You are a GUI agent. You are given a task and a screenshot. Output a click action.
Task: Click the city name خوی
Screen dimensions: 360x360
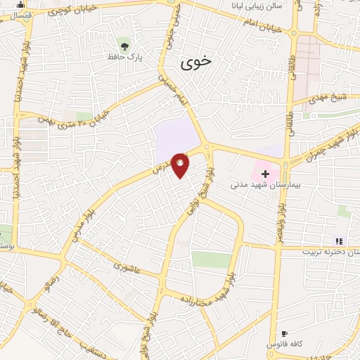pos(195,63)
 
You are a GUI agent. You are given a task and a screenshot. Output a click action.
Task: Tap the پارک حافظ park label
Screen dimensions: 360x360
pos(124,57)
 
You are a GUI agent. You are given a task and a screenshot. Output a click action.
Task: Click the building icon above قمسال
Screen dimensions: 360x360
pos(20,4)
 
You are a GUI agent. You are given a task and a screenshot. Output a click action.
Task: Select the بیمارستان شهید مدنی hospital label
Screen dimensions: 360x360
pos(255,186)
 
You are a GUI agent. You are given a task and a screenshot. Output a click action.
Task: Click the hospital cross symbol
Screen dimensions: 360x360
pos(265,173)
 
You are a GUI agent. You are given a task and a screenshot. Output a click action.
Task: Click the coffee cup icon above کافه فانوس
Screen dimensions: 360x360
pos(284,334)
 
